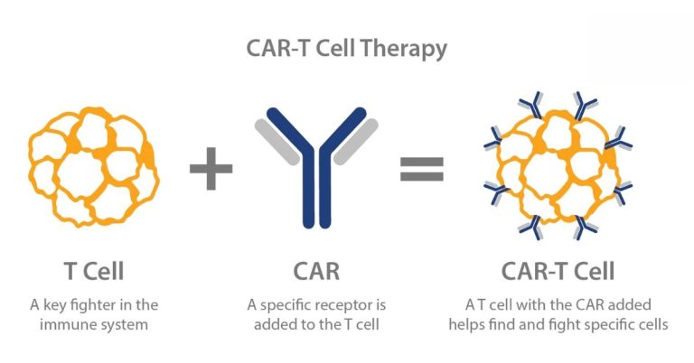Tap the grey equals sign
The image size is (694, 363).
(x=422, y=168)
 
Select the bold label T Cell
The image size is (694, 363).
(x=94, y=271)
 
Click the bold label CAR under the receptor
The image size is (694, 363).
(x=316, y=271)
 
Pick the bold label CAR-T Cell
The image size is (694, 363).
(x=558, y=271)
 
